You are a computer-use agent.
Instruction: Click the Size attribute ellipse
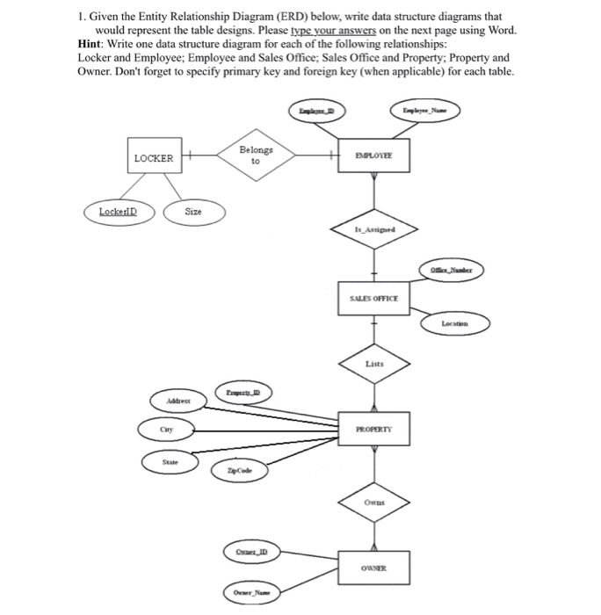coord(193,211)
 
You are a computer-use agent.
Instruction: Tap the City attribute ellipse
coord(163,430)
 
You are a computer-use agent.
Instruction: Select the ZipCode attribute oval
coord(237,472)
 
